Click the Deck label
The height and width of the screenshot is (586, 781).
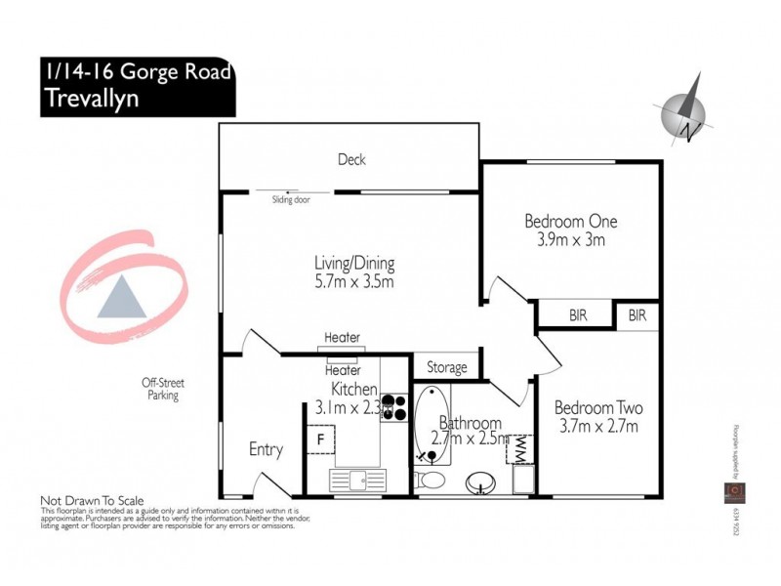[x=351, y=159]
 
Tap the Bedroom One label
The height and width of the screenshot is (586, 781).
[x=570, y=221]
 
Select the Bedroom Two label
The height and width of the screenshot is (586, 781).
[x=597, y=407]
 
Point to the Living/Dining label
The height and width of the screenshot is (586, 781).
[x=353, y=263]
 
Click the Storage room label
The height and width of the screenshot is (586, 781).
[x=447, y=368]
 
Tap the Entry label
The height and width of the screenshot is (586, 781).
[x=266, y=449]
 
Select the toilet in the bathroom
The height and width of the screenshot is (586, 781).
[x=430, y=480]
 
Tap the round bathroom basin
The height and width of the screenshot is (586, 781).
[x=479, y=483]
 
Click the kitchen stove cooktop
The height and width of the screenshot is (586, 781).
[x=394, y=406]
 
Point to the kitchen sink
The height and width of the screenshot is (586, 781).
[x=355, y=480]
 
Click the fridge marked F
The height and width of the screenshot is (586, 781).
[x=319, y=439]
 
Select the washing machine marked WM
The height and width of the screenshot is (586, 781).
[x=520, y=448]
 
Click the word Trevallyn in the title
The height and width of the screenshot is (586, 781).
[x=90, y=99]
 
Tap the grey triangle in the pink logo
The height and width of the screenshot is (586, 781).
[x=121, y=298]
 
